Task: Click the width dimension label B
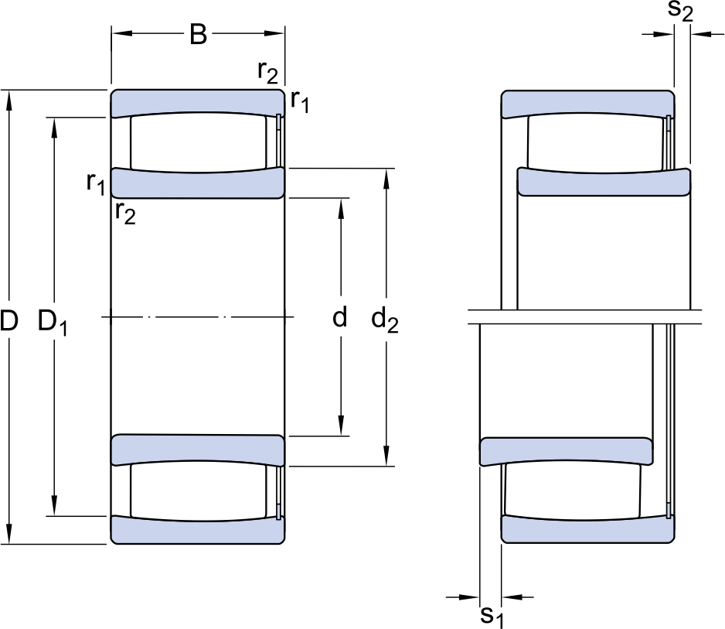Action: click(x=199, y=34)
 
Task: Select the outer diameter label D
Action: click(x=9, y=321)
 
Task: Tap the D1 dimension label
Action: click(x=53, y=323)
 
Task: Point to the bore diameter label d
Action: click(x=340, y=317)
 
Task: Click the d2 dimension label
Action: click(x=385, y=320)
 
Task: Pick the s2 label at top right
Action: click(x=681, y=11)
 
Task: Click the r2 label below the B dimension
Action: click(x=267, y=72)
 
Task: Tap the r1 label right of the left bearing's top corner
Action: click(x=300, y=101)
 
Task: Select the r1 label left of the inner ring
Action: click(x=96, y=183)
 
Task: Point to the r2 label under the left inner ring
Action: click(x=125, y=214)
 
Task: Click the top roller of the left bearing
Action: click(x=199, y=142)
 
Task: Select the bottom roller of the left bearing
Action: click(x=199, y=491)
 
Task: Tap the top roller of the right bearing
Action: click(x=597, y=143)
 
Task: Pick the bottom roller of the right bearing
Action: click(x=574, y=491)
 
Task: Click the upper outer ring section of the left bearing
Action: click(x=197, y=102)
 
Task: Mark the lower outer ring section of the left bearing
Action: click(x=197, y=531)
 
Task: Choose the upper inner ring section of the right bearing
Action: click(x=604, y=182)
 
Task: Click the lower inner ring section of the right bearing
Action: click(x=567, y=451)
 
